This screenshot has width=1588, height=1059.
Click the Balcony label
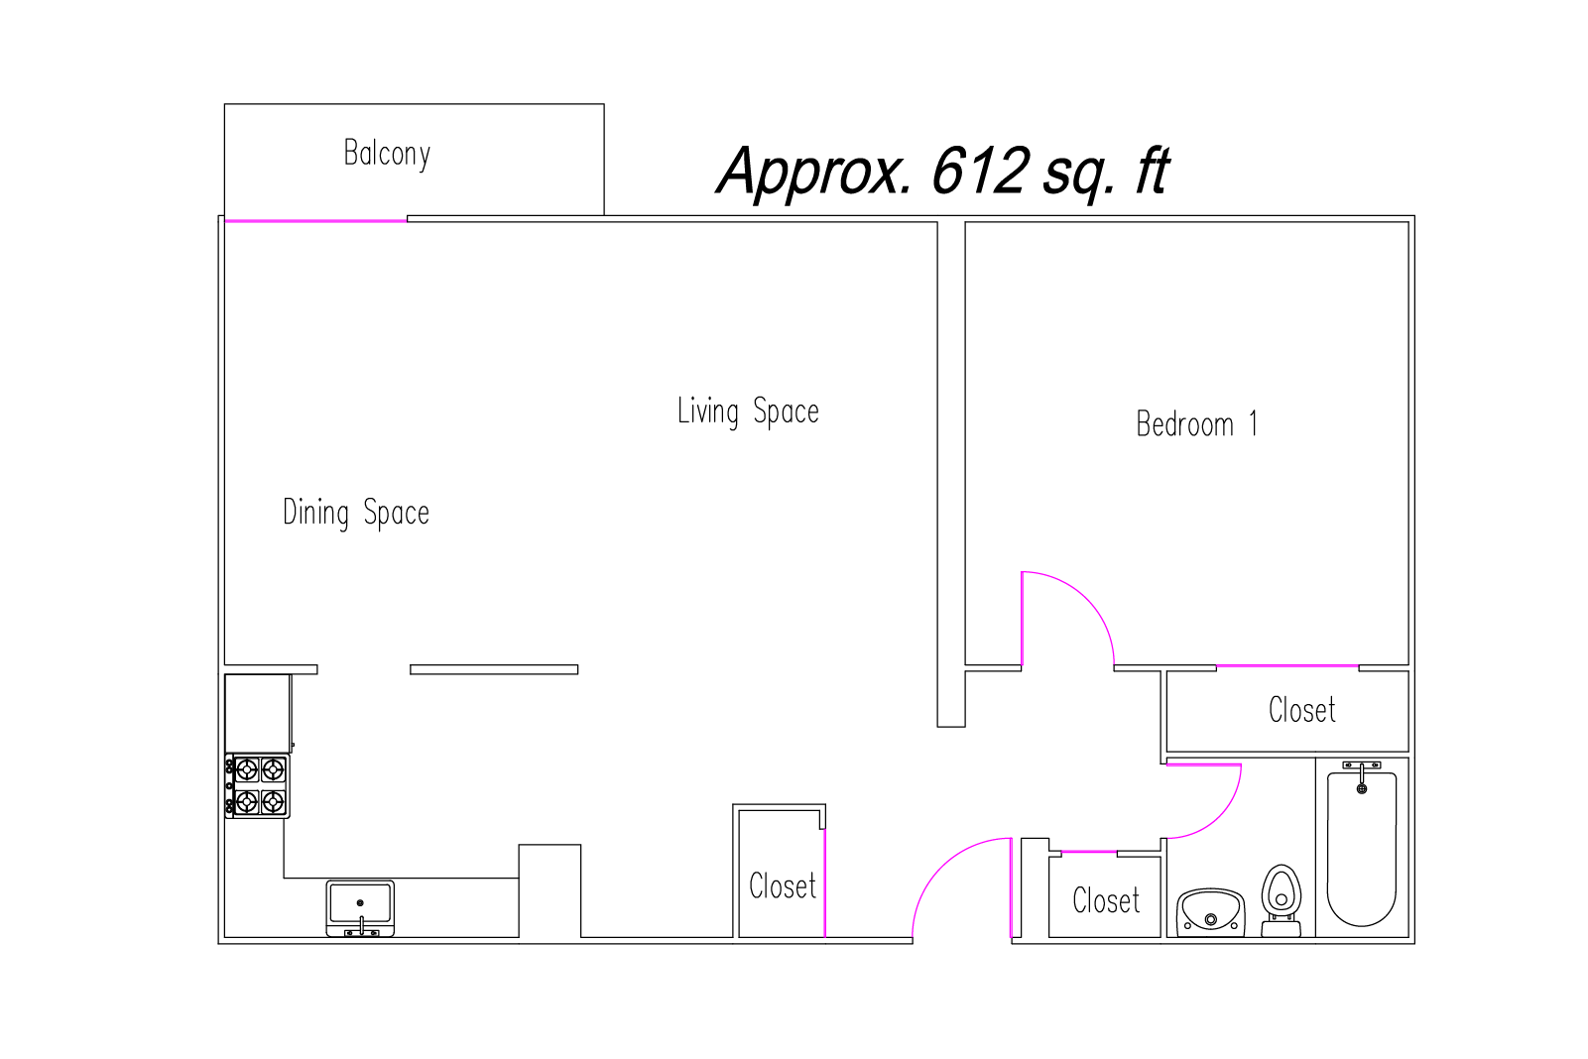(x=387, y=154)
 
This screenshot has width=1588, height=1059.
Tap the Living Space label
(x=748, y=412)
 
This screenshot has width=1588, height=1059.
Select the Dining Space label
(x=356, y=513)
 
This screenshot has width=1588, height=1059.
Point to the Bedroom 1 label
(x=1196, y=423)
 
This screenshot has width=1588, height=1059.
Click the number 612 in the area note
(x=979, y=171)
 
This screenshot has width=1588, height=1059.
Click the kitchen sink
(x=360, y=908)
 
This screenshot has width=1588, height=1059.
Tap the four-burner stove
(x=257, y=786)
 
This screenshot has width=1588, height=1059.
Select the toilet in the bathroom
(x=1282, y=900)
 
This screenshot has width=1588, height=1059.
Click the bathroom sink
(x=1211, y=912)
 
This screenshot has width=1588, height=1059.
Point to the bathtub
(x=1362, y=850)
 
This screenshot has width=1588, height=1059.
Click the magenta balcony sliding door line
(x=315, y=221)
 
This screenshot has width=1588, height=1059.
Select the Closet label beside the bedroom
(x=1302, y=710)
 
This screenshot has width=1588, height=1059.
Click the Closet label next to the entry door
(x=783, y=886)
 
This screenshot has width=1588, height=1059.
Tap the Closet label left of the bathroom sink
(x=1106, y=900)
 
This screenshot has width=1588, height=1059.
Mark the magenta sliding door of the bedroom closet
(x=1287, y=666)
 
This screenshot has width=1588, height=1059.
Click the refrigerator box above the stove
(x=257, y=713)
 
